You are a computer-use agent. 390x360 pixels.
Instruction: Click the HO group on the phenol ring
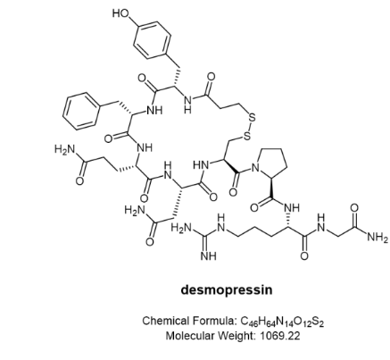tap(120, 13)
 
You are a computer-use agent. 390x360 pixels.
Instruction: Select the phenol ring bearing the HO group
tap(153, 40)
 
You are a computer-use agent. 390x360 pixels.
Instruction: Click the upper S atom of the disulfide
tap(252, 118)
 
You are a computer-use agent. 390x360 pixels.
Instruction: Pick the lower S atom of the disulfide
tap(246, 137)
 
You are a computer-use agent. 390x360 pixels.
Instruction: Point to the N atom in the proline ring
tap(255, 169)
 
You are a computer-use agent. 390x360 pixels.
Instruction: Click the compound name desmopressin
tap(227, 289)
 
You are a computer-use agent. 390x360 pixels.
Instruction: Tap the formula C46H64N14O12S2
tap(282, 322)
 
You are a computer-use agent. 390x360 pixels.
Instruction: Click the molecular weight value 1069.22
tap(280, 336)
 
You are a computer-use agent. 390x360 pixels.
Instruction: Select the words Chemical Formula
tap(189, 321)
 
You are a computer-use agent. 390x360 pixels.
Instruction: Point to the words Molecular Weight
tap(211, 336)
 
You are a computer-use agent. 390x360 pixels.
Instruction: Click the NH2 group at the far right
tap(378, 238)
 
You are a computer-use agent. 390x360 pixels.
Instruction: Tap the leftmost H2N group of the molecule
tap(64, 149)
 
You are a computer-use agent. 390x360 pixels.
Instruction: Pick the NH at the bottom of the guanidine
tap(209, 255)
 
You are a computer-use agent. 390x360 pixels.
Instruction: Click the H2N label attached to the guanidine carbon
tap(181, 229)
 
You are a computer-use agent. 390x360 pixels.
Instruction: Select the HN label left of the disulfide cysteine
tap(201, 164)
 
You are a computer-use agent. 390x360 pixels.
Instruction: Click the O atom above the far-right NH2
tap(354, 207)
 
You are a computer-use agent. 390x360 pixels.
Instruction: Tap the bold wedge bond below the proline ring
tap(271, 188)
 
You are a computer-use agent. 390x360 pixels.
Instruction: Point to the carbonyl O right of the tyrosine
tap(211, 77)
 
